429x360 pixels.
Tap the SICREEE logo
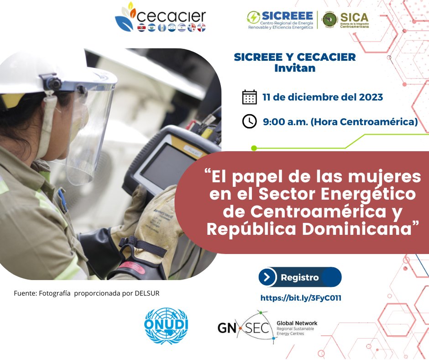[x=280, y=20]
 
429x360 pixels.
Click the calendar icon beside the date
[x=249, y=97]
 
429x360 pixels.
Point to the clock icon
[x=249, y=122]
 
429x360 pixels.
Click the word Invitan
[x=294, y=69]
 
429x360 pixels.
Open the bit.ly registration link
[x=301, y=298]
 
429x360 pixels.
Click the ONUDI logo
[x=166, y=324]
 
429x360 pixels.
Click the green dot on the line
[x=254, y=148]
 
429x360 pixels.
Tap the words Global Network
[x=297, y=323]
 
